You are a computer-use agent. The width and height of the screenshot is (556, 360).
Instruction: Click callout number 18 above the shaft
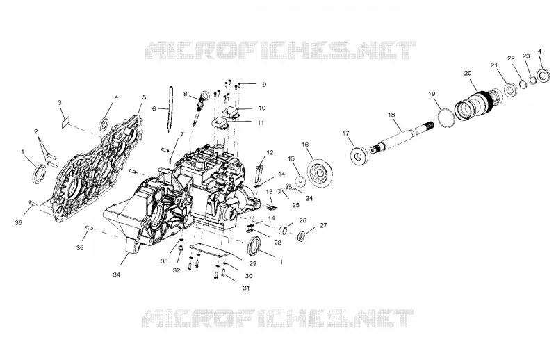pyautogui.click(x=391, y=115)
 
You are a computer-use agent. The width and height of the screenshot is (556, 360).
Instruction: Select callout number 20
pyautogui.click(x=468, y=73)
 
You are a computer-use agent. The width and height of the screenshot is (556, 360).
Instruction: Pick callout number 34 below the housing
pyautogui.click(x=116, y=275)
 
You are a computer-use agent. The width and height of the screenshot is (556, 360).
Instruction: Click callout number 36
pyautogui.click(x=19, y=222)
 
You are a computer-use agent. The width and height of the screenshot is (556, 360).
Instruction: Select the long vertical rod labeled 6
pyautogui.click(x=170, y=109)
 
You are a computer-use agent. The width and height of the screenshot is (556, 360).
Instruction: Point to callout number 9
pyautogui.click(x=264, y=84)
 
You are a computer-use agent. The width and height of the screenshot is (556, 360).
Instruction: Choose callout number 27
pyautogui.click(x=323, y=225)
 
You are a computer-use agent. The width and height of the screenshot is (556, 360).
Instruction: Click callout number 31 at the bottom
pyautogui.click(x=246, y=288)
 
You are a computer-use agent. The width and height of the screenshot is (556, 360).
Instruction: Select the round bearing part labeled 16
pyautogui.click(x=320, y=174)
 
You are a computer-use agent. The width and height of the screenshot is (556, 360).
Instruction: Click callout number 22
pyautogui.click(x=511, y=58)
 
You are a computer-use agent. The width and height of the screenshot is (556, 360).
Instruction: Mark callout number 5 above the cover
pyautogui.click(x=144, y=97)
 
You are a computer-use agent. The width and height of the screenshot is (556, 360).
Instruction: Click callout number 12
pyautogui.click(x=270, y=152)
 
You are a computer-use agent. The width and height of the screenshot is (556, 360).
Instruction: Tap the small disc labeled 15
pyautogui.click(x=301, y=180)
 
